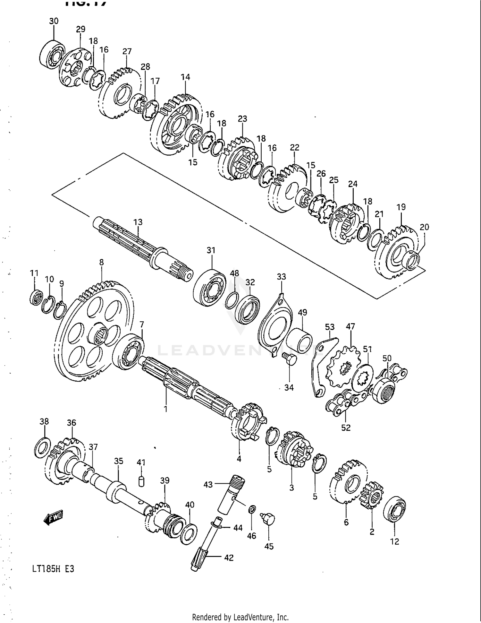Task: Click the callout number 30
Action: click(54, 21)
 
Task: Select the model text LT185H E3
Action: click(53, 569)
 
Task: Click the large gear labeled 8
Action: click(96, 331)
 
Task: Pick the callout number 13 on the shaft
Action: click(138, 222)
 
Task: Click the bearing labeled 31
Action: click(210, 288)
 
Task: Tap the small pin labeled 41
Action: click(141, 481)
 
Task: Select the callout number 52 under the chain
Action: click(346, 428)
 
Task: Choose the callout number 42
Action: click(229, 558)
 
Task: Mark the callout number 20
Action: click(424, 227)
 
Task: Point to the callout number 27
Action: click(127, 51)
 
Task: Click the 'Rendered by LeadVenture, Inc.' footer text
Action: click(240, 617)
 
